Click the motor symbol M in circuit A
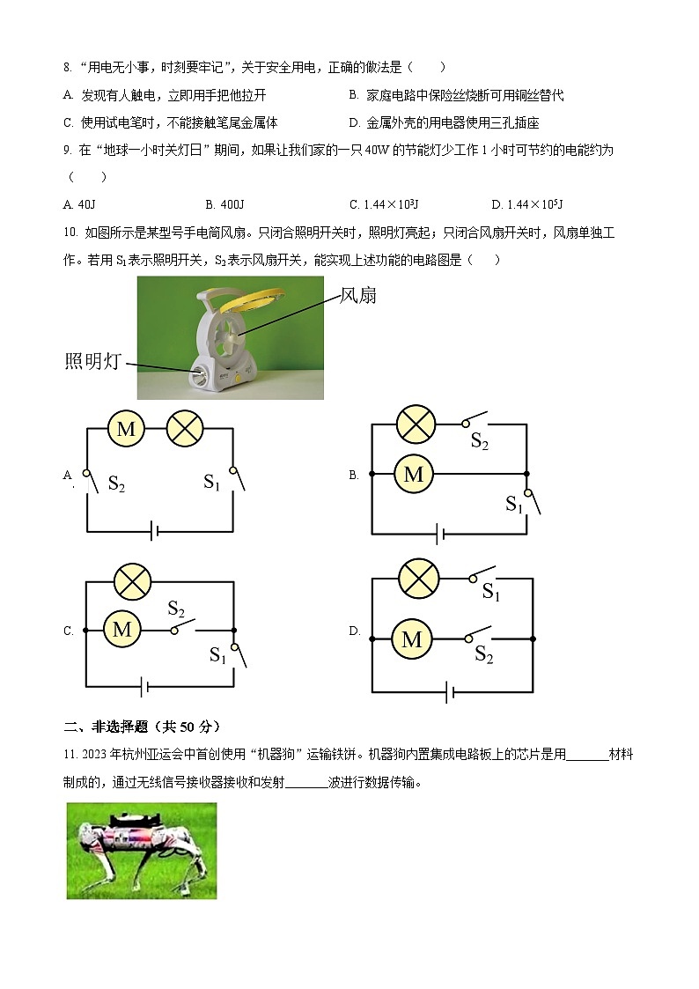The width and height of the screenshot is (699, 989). point(126,429)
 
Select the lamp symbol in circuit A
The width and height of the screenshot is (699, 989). point(185,429)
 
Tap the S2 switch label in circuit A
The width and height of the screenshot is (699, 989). point(116,483)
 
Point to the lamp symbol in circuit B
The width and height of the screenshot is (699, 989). point(415,424)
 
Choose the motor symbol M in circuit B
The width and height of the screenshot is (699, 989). point(414,475)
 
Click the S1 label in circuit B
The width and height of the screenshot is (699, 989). point(513,504)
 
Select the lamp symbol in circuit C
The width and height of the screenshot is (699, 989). point(133,581)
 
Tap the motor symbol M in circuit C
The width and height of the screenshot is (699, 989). point(122,630)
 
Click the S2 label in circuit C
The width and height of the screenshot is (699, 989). point(176,609)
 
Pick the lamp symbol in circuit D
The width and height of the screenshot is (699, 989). point(418,579)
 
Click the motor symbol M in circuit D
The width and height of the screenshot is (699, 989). point(411,638)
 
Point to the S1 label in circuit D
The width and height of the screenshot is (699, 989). point(490,594)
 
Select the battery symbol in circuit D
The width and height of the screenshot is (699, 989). point(451,691)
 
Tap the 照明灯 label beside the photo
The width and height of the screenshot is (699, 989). point(92,360)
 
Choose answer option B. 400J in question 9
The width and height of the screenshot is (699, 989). point(224,204)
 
